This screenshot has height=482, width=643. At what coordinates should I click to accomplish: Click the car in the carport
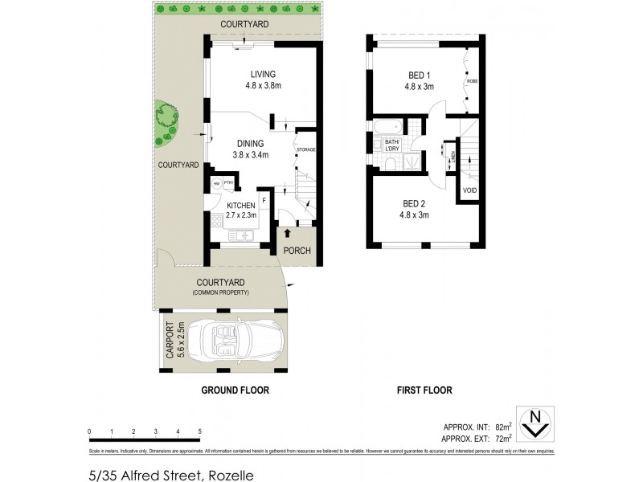coord(240,342)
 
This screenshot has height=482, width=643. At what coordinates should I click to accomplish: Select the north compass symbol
coord(531,424)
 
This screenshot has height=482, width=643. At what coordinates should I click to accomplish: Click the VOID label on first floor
coord(469,190)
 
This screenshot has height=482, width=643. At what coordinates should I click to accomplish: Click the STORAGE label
coord(305,150)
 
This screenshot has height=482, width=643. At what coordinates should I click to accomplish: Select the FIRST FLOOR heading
coord(424,390)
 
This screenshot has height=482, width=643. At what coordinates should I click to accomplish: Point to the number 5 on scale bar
coord(199,431)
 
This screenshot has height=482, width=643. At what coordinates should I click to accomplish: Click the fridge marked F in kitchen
coord(263,199)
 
